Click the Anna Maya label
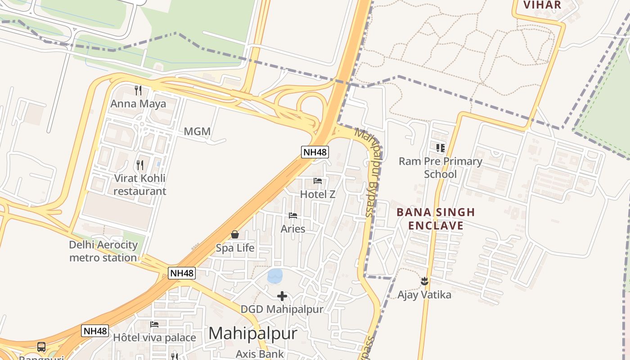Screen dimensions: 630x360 coord(138,104)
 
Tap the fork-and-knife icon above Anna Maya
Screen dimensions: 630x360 coord(138,90)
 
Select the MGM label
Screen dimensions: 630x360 coord(197,131)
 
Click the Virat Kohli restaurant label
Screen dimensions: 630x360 coord(139,184)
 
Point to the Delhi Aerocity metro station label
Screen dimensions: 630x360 coord(103,251)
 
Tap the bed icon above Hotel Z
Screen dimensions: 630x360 coord(318,181)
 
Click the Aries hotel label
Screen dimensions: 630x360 coord(293,229)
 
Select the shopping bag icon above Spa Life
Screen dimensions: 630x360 coord(235,234)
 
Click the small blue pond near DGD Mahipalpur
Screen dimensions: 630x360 coord(275,275)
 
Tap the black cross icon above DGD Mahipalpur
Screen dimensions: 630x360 coord(282,296)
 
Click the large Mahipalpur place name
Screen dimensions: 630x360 coord(253,333)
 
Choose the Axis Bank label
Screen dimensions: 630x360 coord(260,354)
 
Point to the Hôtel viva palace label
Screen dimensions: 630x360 coord(154,337)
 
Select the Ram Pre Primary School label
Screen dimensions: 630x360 coord(441,167)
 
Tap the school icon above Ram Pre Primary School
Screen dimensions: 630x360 coord(441,148)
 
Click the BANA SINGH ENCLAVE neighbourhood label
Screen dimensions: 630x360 coord(436,219)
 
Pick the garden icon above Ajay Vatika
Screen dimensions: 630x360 coord(424,282)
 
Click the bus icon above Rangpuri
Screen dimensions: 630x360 coord(41,347)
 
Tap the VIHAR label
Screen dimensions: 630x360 coord(542,5)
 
